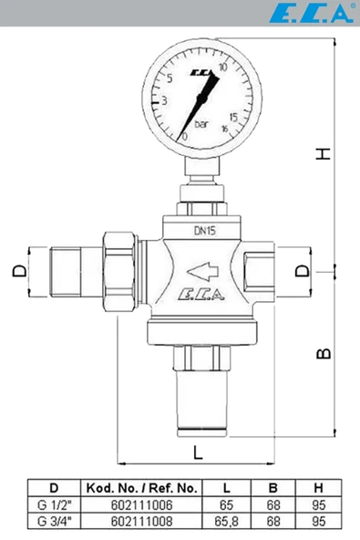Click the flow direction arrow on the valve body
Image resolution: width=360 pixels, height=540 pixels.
pos(203,270)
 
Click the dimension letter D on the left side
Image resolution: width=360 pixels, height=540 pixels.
pos(17,271)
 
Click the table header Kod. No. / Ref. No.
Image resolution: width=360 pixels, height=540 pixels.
pos(141,486)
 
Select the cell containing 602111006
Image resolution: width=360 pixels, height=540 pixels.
pos(141,503)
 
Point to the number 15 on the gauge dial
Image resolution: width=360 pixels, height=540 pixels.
pos(234,116)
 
